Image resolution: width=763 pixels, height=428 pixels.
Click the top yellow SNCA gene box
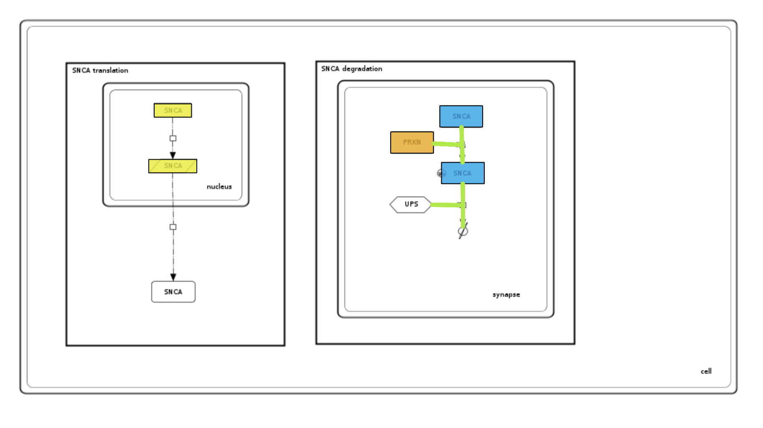coord(173,110)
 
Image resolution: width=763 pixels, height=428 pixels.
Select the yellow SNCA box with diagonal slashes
coord(173,166)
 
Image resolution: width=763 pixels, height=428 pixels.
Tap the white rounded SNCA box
coord(173,292)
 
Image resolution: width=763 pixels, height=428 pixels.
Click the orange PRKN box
coord(412,143)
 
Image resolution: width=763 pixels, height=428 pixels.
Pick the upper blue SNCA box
coord(461,116)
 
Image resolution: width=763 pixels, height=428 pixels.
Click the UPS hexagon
coord(410,204)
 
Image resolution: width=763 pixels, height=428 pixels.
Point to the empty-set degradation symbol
coord(463,231)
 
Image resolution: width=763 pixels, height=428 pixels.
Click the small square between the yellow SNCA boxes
coord(173,138)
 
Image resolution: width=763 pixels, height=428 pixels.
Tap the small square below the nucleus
coord(173,227)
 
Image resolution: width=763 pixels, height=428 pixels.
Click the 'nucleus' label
coord(219,186)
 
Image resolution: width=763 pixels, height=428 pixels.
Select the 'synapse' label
coord(506,295)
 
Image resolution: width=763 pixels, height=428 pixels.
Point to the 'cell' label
coord(706,371)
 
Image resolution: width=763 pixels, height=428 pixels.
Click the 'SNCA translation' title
coord(100,70)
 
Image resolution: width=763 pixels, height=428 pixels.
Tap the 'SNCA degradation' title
coord(351,69)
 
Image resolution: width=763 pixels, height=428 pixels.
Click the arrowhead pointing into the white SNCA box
coord(173,277)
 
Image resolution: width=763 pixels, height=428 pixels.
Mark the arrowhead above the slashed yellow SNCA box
coord(173,155)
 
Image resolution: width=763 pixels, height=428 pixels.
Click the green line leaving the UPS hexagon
coord(445,205)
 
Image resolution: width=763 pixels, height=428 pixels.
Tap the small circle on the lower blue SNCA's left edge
coord(440,173)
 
